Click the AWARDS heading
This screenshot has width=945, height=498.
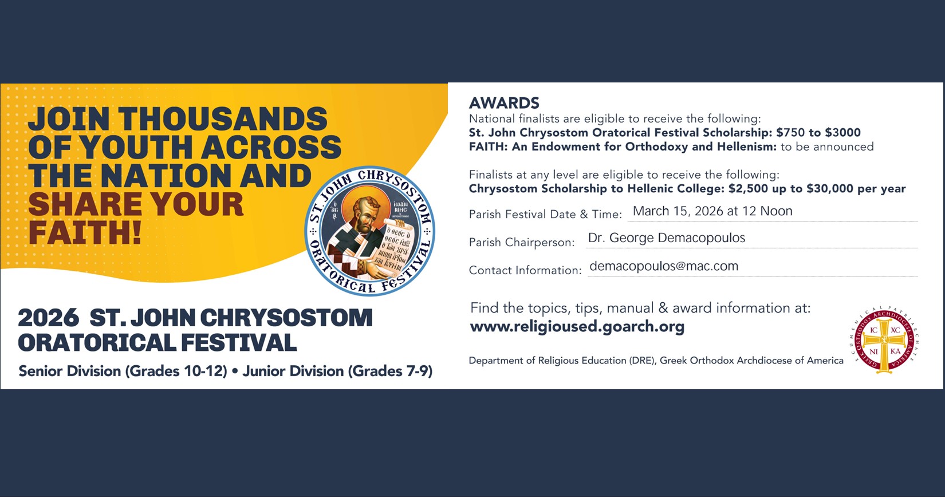pyautogui.click(x=504, y=103)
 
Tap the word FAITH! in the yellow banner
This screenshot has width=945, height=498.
pyautogui.click(x=85, y=232)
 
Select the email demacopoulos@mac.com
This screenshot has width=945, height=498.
pyautogui.click(x=664, y=266)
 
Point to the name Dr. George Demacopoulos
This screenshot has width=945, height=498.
pyautogui.click(x=667, y=238)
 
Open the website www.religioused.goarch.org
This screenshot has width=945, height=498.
pyautogui.click(x=577, y=326)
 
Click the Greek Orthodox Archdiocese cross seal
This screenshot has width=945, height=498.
pyautogui.click(x=884, y=340)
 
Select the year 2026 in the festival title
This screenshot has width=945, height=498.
pyautogui.click(x=49, y=318)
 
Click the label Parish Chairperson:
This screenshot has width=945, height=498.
pyautogui.click(x=522, y=242)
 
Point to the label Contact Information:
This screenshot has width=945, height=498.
pyautogui.click(x=525, y=270)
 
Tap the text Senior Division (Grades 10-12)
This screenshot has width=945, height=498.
pyautogui.click(x=123, y=371)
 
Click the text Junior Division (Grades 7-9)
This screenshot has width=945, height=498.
pyautogui.click(x=337, y=371)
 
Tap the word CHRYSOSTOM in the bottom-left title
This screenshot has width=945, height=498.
pyautogui.click(x=286, y=318)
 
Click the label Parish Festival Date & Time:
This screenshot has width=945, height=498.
pyautogui.click(x=545, y=214)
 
